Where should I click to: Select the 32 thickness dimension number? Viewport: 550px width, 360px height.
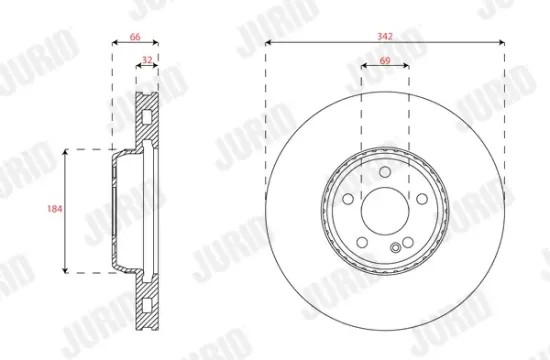click(147, 61)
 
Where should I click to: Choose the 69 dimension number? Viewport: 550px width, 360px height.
click(384, 61)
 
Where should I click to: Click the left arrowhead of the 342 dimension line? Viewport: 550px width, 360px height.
click(268, 43)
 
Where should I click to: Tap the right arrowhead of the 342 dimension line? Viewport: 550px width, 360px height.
click(500, 43)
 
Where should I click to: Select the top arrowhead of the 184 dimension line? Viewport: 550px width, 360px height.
click(66, 151)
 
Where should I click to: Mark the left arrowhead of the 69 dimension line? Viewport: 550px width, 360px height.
click(361, 67)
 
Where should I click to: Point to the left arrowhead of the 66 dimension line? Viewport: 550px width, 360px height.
click(111, 43)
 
